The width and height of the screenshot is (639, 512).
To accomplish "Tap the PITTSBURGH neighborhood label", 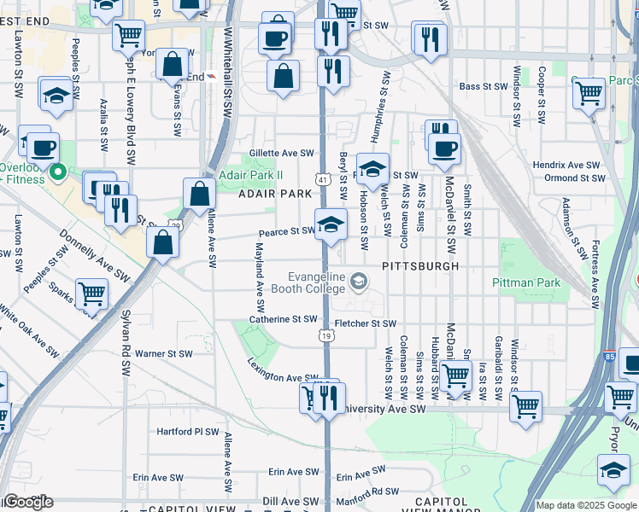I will pos(420,266).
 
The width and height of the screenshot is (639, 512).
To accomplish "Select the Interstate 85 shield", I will pos(608,356).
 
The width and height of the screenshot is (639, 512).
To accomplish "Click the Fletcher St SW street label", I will pos(366,323).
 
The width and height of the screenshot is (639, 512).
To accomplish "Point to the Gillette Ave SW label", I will pos(282,153).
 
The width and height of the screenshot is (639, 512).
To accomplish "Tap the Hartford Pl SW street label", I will pos(188,432).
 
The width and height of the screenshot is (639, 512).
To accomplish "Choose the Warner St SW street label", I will pos(164,353).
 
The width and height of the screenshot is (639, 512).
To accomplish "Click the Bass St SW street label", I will pos(483,86).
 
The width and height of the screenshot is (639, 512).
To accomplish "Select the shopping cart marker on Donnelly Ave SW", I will pos(91,294).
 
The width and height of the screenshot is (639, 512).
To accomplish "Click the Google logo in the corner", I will pos(27,502).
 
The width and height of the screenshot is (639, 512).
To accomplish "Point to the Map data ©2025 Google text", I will pos(586,505).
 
